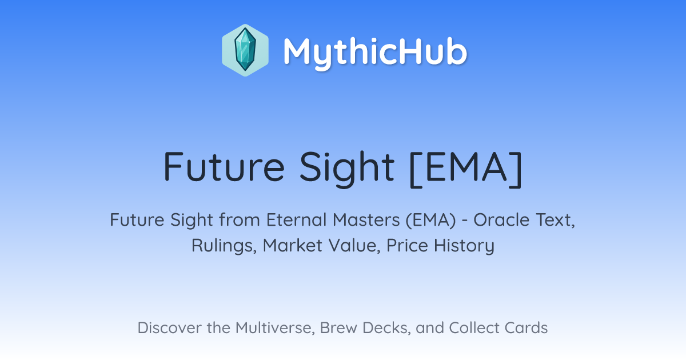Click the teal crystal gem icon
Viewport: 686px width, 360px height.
245,50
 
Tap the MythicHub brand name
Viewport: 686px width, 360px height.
375,52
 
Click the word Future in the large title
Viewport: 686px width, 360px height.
225,167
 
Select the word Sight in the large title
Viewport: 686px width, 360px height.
346,169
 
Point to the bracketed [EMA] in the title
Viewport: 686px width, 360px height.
465,169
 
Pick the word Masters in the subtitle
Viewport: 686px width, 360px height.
366,219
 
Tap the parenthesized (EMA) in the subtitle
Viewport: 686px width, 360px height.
431,220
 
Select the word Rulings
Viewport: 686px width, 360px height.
224,246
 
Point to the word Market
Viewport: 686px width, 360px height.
293,245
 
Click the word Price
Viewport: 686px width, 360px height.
407,245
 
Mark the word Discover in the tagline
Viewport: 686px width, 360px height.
169,327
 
